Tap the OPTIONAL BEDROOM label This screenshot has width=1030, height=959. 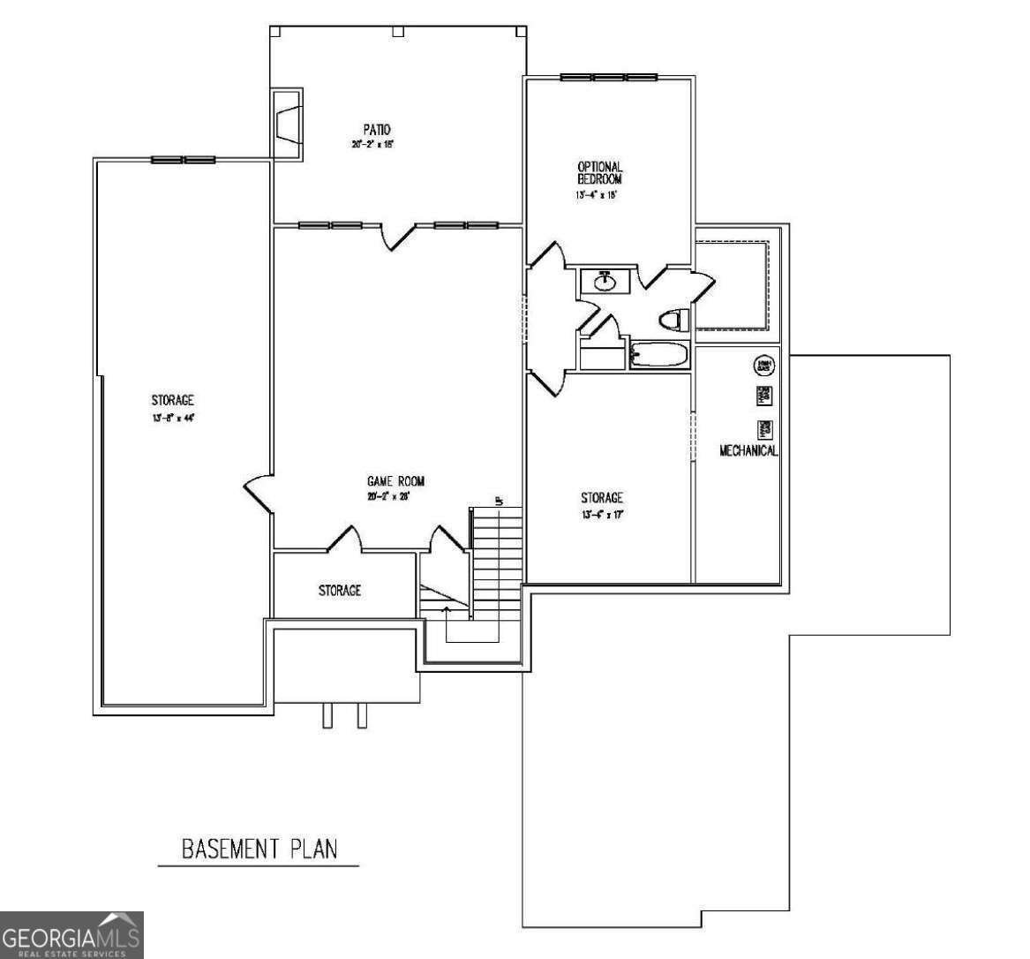point(599,172)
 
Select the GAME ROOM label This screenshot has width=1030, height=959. point(395,481)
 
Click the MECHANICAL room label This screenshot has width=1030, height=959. point(748,450)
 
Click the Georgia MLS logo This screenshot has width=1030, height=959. point(71,935)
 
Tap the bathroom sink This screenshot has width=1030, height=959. point(605,282)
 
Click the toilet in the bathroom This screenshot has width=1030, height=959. point(673,320)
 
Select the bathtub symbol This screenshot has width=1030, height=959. point(660,356)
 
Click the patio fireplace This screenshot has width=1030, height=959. point(287,124)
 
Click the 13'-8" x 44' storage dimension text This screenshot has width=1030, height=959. point(172,419)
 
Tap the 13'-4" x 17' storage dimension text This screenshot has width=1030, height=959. point(602,514)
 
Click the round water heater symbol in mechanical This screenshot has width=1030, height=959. point(763,365)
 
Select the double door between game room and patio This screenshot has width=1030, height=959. point(398,235)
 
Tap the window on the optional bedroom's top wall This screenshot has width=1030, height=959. point(608,77)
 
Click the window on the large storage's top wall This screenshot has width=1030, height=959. point(184,160)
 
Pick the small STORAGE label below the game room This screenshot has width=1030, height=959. point(339,590)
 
